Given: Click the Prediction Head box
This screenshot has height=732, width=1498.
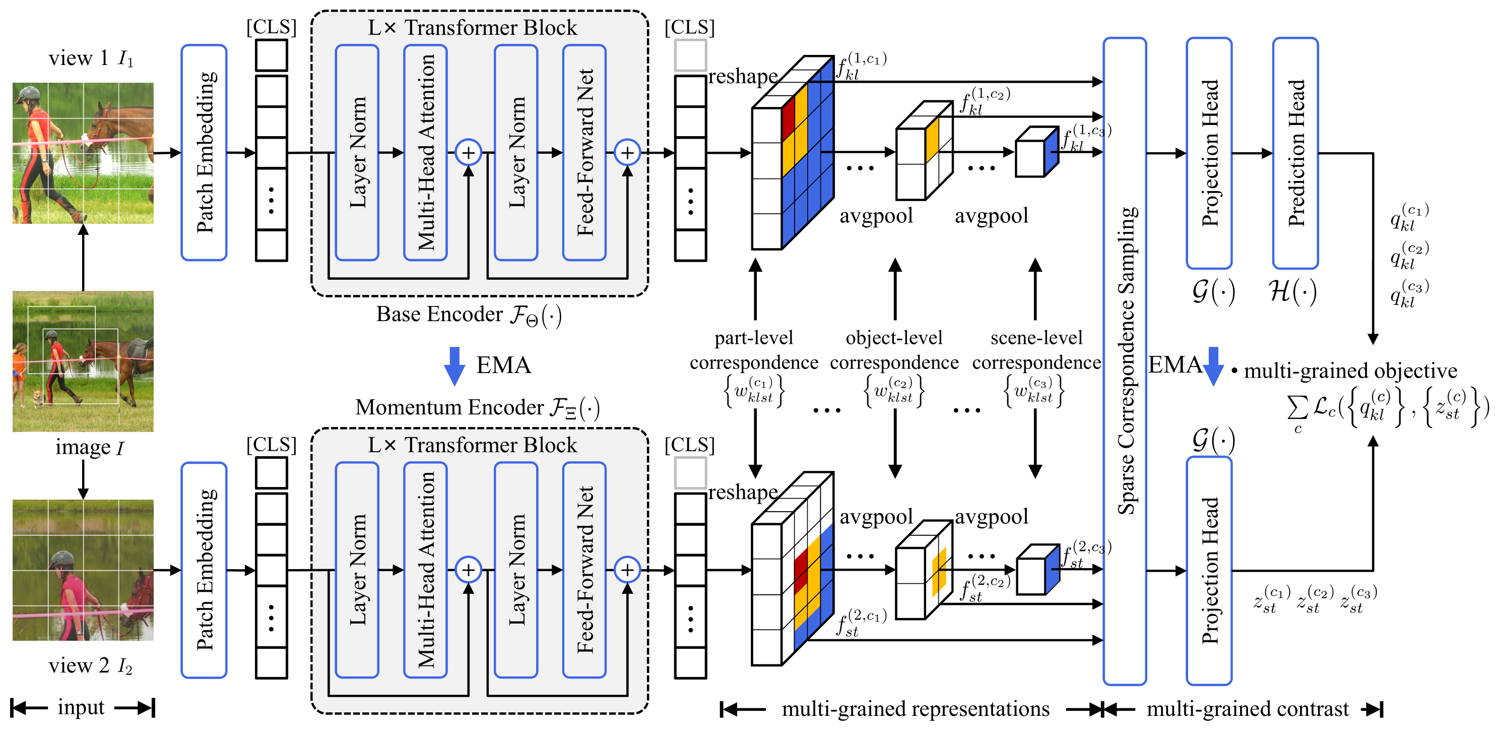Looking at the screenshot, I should pyautogui.click(x=1295, y=153).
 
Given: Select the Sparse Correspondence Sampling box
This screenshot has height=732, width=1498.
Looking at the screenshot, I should pyautogui.click(x=1125, y=361).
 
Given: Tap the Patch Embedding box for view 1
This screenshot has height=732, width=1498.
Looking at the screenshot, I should pyautogui.click(x=204, y=152).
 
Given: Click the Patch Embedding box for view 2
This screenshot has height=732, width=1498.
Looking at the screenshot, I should pyautogui.click(x=204, y=570).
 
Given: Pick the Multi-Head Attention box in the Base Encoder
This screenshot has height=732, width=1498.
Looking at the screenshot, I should pyautogui.click(x=425, y=152).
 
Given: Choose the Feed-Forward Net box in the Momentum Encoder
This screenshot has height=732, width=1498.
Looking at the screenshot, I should pyautogui.click(x=584, y=570).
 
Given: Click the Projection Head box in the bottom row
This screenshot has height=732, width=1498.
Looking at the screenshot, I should pyautogui.click(x=1209, y=570).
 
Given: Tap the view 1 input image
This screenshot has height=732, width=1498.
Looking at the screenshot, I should pyautogui.click(x=83, y=153).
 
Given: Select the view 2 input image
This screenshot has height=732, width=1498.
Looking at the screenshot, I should pyautogui.click(x=83, y=570).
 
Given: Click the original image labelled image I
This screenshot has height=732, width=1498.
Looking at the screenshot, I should pyautogui.click(x=83, y=361).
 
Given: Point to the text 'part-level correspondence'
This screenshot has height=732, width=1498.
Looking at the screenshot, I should pyautogui.click(x=754, y=350).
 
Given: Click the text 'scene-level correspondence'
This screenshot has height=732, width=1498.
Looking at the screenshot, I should pyautogui.click(x=1036, y=350).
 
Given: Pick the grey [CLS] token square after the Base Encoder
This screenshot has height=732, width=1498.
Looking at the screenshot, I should pyautogui.click(x=690, y=55).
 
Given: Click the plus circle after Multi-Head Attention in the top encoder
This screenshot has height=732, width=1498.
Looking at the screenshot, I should pyautogui.click(x=468, y=152).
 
